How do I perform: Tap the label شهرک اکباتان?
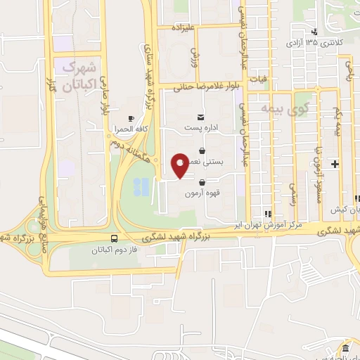78,77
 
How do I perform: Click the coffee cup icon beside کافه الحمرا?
131,118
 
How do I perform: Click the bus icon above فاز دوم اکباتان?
115,239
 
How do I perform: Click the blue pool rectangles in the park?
142,186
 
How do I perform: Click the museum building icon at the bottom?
345,349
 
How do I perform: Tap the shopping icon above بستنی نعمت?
202,150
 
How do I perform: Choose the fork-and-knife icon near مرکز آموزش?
267,214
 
